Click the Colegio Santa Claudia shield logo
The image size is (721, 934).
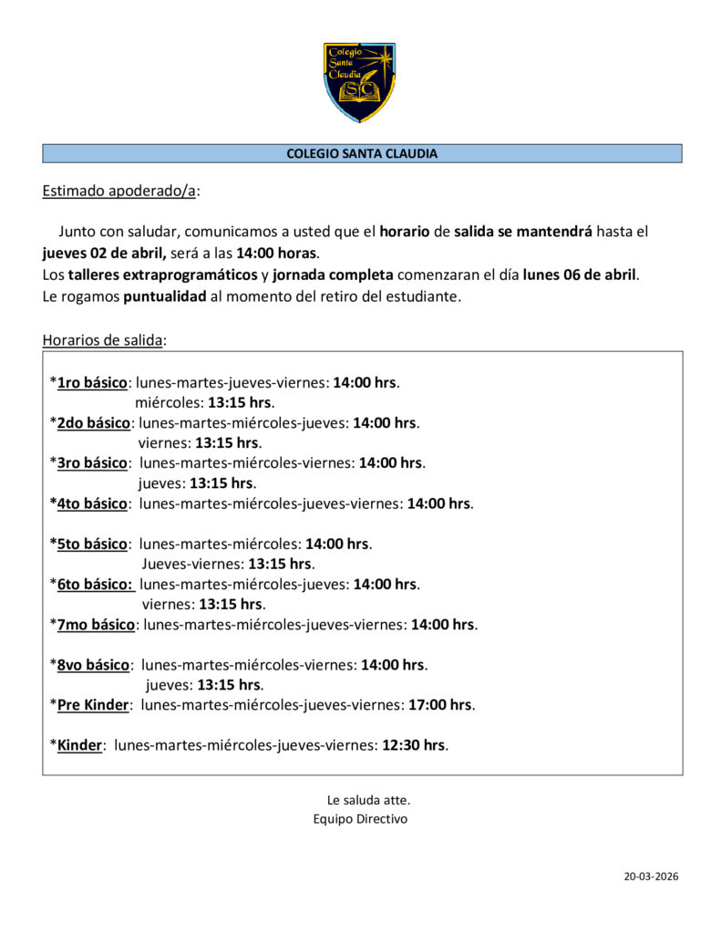360,82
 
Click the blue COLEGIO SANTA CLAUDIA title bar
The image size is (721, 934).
362,154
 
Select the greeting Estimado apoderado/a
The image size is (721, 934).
119,192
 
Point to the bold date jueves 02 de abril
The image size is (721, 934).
103,253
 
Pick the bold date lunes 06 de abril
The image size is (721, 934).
580,274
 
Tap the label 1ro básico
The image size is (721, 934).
91,382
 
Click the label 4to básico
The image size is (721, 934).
91,503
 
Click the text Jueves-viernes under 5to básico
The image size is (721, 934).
191,564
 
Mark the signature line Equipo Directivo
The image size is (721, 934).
360,819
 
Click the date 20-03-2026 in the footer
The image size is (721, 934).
651,877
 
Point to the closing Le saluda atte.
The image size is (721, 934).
362,800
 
